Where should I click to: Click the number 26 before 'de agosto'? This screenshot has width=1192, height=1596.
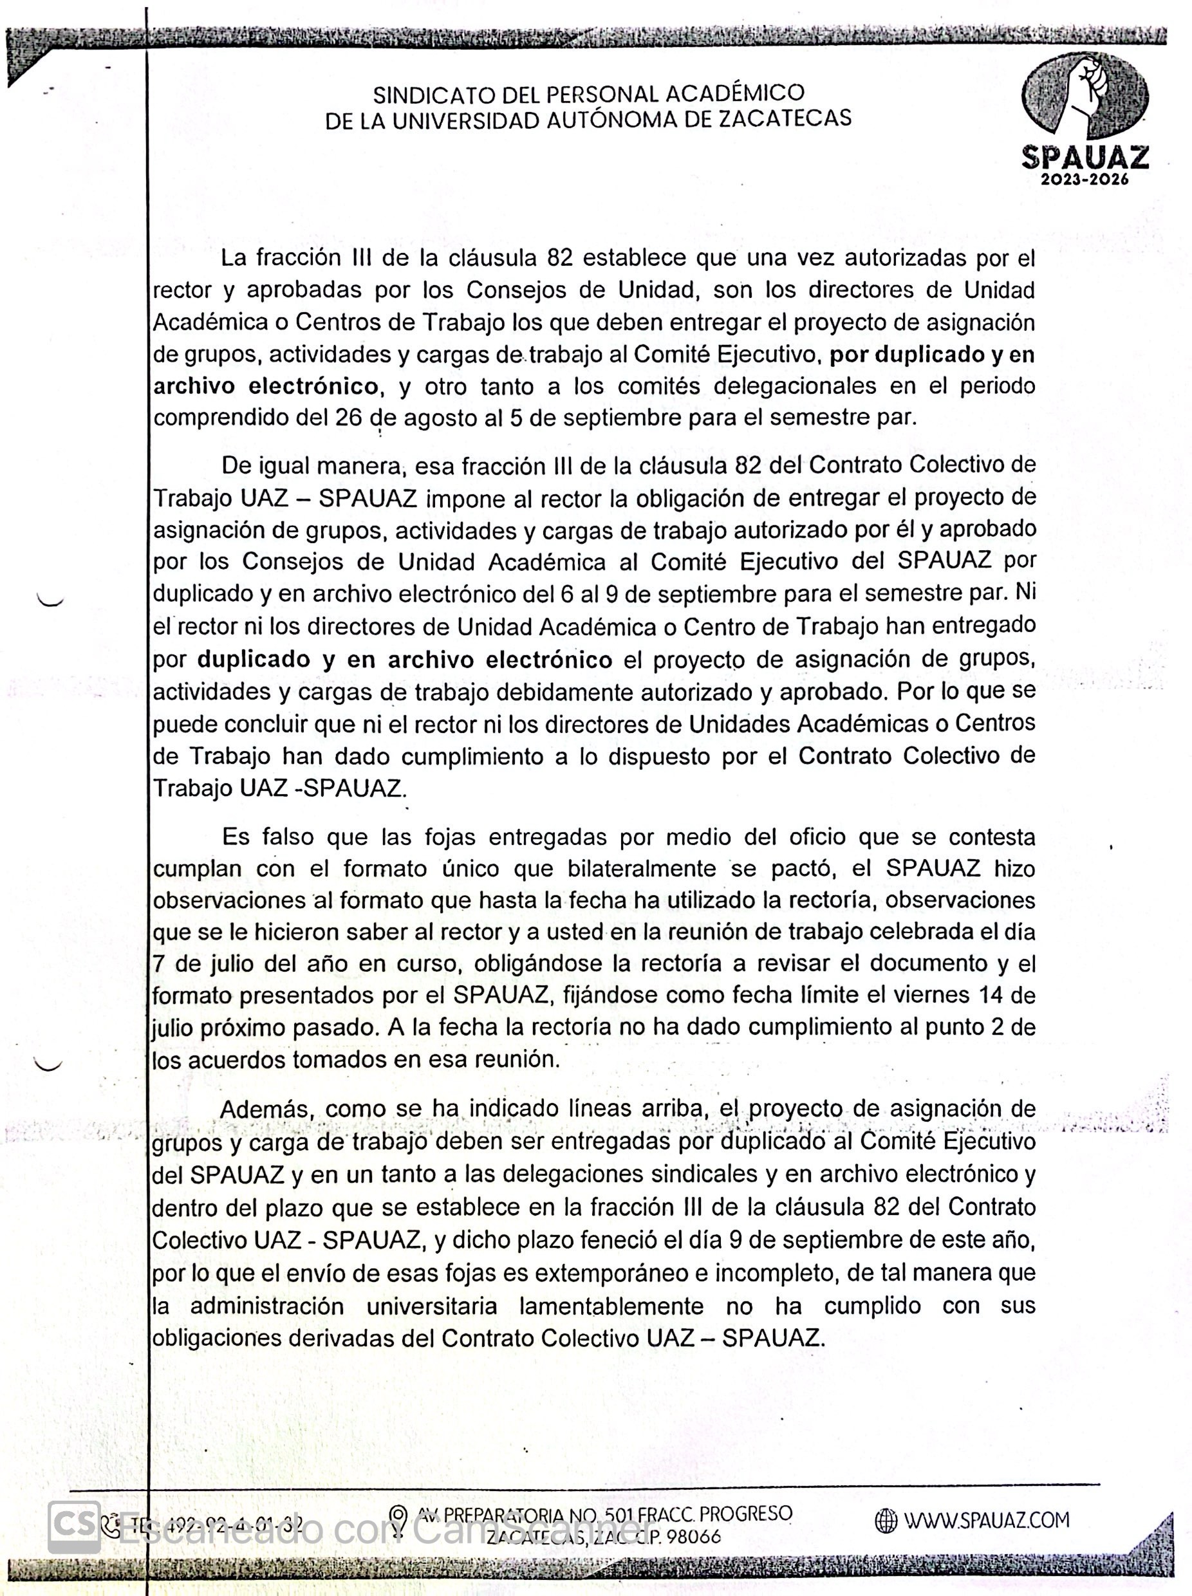(x=348, y=418)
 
